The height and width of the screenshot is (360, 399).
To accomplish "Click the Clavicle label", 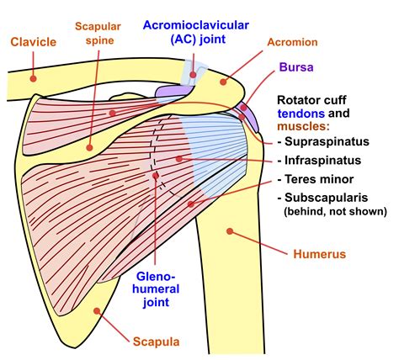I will coord(33,40).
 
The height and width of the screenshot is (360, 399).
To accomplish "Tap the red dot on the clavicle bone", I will coord(33,77).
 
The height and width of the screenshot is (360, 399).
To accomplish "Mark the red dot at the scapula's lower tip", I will coord(98,310).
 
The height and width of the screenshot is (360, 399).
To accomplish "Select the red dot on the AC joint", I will coord(192,75).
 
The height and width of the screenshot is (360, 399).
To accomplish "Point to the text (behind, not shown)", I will coord(327,211).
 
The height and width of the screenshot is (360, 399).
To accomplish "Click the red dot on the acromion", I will coord(223,82).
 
